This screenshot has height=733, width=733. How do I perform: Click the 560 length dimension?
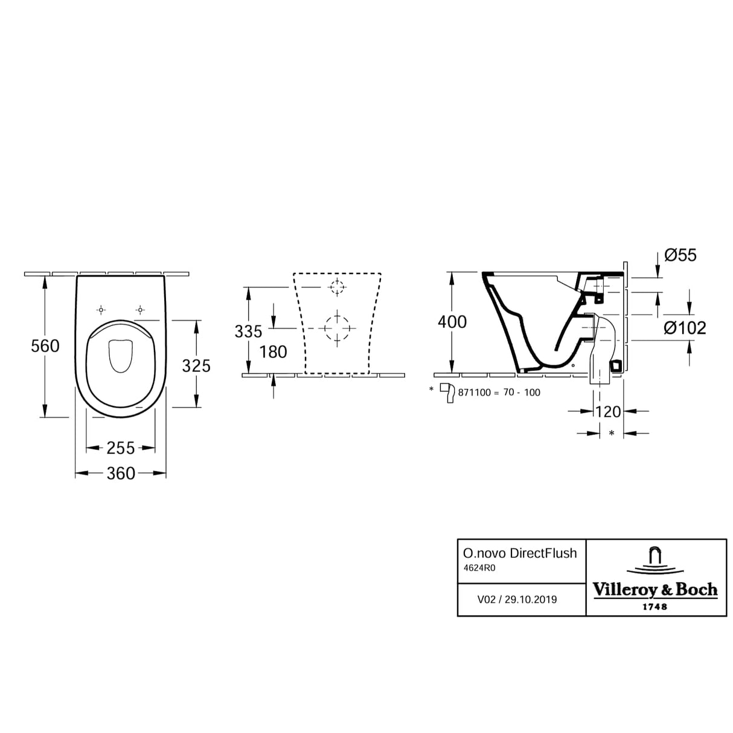[x=45, y=346]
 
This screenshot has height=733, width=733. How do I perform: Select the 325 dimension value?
[x=196, y=366]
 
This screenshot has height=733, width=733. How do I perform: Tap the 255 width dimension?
[x=121, y=448]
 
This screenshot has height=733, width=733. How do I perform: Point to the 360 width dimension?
[x=121, y=474]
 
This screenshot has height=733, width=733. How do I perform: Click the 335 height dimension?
[x=249, y=331]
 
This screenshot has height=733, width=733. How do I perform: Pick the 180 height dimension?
[x=273, y=351]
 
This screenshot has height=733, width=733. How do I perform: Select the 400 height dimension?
[x=452, y=322]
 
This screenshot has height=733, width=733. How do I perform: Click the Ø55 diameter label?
[x=680, y=255]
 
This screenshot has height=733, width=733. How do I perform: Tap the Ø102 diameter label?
[x=685, y=328]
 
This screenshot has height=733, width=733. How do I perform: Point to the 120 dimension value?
[x=607, y=412]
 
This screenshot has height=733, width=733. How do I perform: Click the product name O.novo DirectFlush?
[x=519, y=553]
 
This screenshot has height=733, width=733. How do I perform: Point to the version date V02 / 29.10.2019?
[x=517, y=600]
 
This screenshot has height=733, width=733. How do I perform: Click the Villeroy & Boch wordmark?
[x=655, y=589]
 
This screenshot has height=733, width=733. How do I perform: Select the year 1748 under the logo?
[x=655, y=606]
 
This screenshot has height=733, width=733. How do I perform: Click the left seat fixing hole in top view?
[x=101, y=310]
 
